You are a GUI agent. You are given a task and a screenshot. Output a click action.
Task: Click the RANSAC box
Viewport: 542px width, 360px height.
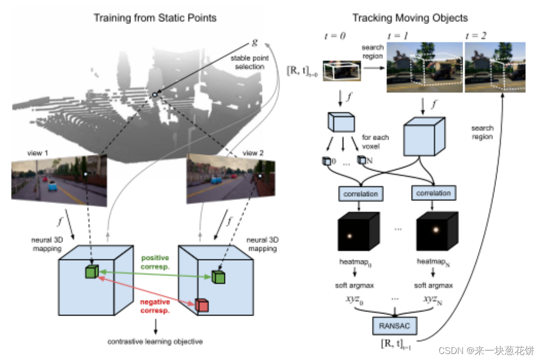394,326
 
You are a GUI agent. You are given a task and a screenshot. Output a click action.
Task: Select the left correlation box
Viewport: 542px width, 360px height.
360,193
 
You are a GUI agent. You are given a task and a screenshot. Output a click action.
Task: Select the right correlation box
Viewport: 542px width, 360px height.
433,193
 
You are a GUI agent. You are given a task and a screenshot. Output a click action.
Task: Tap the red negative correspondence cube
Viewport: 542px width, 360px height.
201,304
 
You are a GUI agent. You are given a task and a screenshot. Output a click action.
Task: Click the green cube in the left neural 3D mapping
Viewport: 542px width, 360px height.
90,272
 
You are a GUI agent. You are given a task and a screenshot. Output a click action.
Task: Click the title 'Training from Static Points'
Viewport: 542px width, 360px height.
155,18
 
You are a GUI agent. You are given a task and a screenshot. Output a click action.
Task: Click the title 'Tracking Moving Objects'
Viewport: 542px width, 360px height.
409,18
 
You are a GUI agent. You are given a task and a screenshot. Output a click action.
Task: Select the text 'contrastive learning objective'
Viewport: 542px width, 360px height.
155,341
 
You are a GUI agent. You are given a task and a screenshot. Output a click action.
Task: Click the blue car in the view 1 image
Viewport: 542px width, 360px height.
51,186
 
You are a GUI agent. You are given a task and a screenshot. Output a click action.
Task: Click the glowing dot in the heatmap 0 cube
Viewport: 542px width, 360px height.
350,236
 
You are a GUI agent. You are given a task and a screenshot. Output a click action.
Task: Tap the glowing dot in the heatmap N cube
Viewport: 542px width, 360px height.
435,230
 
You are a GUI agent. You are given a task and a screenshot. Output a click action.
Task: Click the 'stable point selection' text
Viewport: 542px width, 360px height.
249,62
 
